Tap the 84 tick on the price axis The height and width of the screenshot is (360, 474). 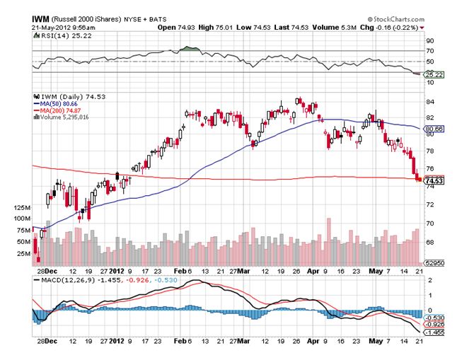coord(429,100)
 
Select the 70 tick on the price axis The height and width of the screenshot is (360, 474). coord(429,223)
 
